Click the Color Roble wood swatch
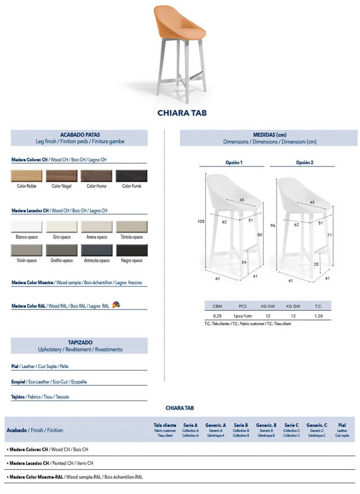click(27, 176)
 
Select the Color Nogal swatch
click(62, 176)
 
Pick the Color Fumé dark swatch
click(132, 176)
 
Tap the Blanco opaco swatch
click(27, 227)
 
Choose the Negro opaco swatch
click(132, 250)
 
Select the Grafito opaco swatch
click(62, 250)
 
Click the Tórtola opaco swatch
click(132, 227)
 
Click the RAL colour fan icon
click(116, 305)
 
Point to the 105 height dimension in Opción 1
click(200, 221)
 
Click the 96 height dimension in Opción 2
click(272, 226)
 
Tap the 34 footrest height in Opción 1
click(244, 262)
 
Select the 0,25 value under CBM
click(217, 316)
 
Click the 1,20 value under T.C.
click(319, 316)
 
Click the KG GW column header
click(293, 306)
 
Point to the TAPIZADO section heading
click(79, 342)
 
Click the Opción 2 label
click(304, 163)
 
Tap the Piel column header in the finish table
click(342, 425)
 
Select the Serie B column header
click(241, 425)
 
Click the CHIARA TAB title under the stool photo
click(182, 113)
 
